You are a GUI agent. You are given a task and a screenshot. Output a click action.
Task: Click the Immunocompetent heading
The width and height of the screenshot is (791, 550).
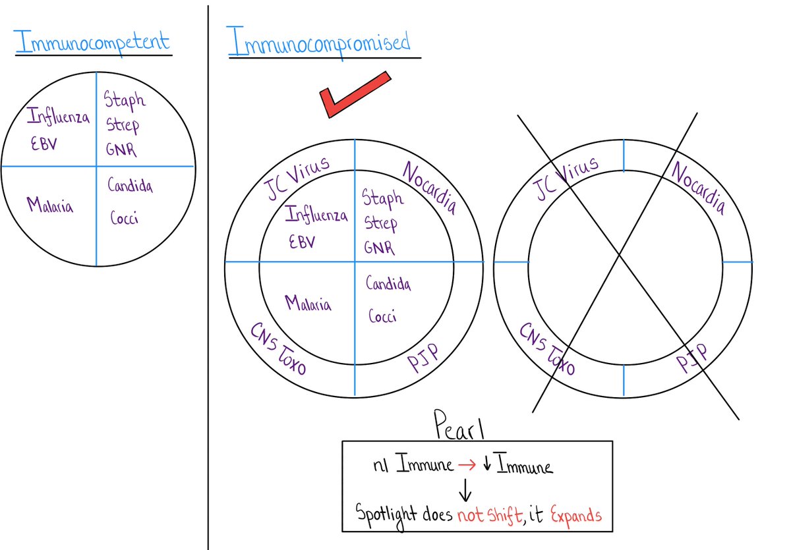coord(92,43)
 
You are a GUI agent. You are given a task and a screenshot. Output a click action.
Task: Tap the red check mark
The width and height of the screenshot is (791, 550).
coord(352,96)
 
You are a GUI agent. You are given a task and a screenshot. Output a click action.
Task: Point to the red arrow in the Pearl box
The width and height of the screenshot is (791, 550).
coord(467,466)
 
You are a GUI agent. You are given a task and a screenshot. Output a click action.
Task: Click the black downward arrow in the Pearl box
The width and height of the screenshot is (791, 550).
coord(465,489)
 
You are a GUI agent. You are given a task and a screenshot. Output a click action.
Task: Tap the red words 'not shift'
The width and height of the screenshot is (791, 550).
coord(489,514)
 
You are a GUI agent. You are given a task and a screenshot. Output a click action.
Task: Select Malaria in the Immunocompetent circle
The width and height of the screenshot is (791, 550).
coord(50,205)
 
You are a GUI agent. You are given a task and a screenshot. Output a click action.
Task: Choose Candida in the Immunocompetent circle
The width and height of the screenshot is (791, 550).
coord(130,186)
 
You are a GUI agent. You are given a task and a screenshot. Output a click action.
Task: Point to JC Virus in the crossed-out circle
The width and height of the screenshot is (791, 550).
coord(568,178)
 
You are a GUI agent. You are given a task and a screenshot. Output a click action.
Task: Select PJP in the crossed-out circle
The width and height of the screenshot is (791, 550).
coord(691,356)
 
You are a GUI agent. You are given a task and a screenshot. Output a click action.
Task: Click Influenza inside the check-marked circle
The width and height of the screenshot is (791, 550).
coord(316,215)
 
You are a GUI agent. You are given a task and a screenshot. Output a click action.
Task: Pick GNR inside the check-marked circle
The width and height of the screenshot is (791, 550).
coord(379,248)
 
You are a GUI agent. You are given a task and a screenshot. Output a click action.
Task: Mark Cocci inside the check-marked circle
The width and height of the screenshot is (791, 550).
coord(382,316)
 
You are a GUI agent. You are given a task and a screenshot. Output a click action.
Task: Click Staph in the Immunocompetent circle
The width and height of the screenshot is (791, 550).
coord(125,101)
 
